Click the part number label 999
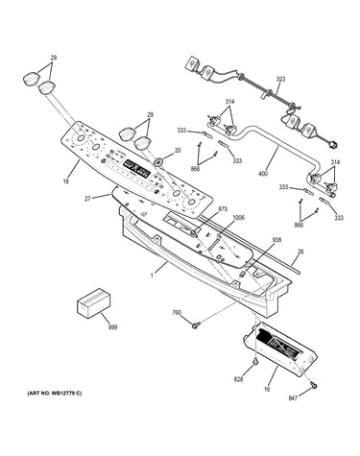[x=112, y=327]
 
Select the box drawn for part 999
[x=93, y=302]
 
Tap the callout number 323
[x=280, y=79]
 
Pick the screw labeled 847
[x=314, y=386]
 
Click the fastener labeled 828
[x=255, y=362]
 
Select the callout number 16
[x=267, y=390]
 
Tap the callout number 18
[x=66, y=181]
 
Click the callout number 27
[x=87, y=199]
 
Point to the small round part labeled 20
[x=157, y=161]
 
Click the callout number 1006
[x=238, y=218]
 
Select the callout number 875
[x=223, y=209]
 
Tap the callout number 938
[x=276, y=240]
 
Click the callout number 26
[x=300, y=252]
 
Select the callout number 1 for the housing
[x=152, y=276]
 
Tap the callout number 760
[x=177, y=313]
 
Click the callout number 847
[x=293, y=397]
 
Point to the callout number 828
[x=238, y=379]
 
